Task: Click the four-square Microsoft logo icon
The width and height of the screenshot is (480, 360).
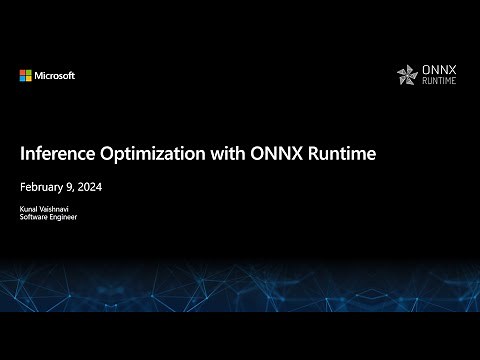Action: [x=25, y=75]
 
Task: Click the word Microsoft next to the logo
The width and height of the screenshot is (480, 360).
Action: [x=54, y=75]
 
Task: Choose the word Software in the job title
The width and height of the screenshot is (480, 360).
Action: [x=35, y=217]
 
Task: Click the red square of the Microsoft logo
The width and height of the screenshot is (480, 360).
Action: [x=22, y=72]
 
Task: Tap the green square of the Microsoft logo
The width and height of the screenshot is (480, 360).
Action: [x=28, y=72]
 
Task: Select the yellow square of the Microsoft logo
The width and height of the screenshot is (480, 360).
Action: [x=28, y=78]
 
